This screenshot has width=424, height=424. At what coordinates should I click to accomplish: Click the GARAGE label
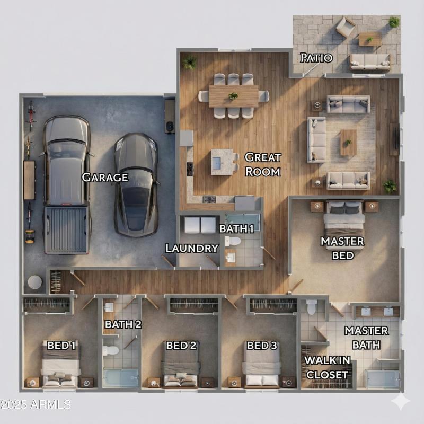pyautogui.click(x=105, y=178)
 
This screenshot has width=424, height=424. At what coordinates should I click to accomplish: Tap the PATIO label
pyautogui.click(x=316, y=58)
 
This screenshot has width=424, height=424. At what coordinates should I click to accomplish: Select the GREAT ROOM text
pyautogui.click(x=262, y=164)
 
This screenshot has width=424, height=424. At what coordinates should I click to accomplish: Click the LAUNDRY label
pyautogui.click(x=192, y=248)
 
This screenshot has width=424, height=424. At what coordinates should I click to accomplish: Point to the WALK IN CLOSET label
pyautogui.click(x=326, y=368)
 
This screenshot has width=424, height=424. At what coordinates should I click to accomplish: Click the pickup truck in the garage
pyautogui.click(x=66, y=183)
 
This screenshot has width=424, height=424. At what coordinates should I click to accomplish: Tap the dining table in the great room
pyautogui.click(x=233, y=96)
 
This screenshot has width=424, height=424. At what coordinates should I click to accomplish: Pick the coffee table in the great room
pyautogui.click(x=348, y=143)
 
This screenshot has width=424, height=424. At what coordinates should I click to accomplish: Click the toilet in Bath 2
pyautogui.click(x=111, y=350)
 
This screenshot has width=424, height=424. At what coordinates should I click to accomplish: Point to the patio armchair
pyautogui.click(x=345, y=26)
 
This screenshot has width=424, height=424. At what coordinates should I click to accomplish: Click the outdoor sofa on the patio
pyautogui.click(x=370, y=61)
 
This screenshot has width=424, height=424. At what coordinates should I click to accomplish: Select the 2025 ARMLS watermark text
pyautogui.click(x=35, y=405)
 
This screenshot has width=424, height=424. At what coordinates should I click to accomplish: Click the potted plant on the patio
pyautogui.click(x=394, y=22)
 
